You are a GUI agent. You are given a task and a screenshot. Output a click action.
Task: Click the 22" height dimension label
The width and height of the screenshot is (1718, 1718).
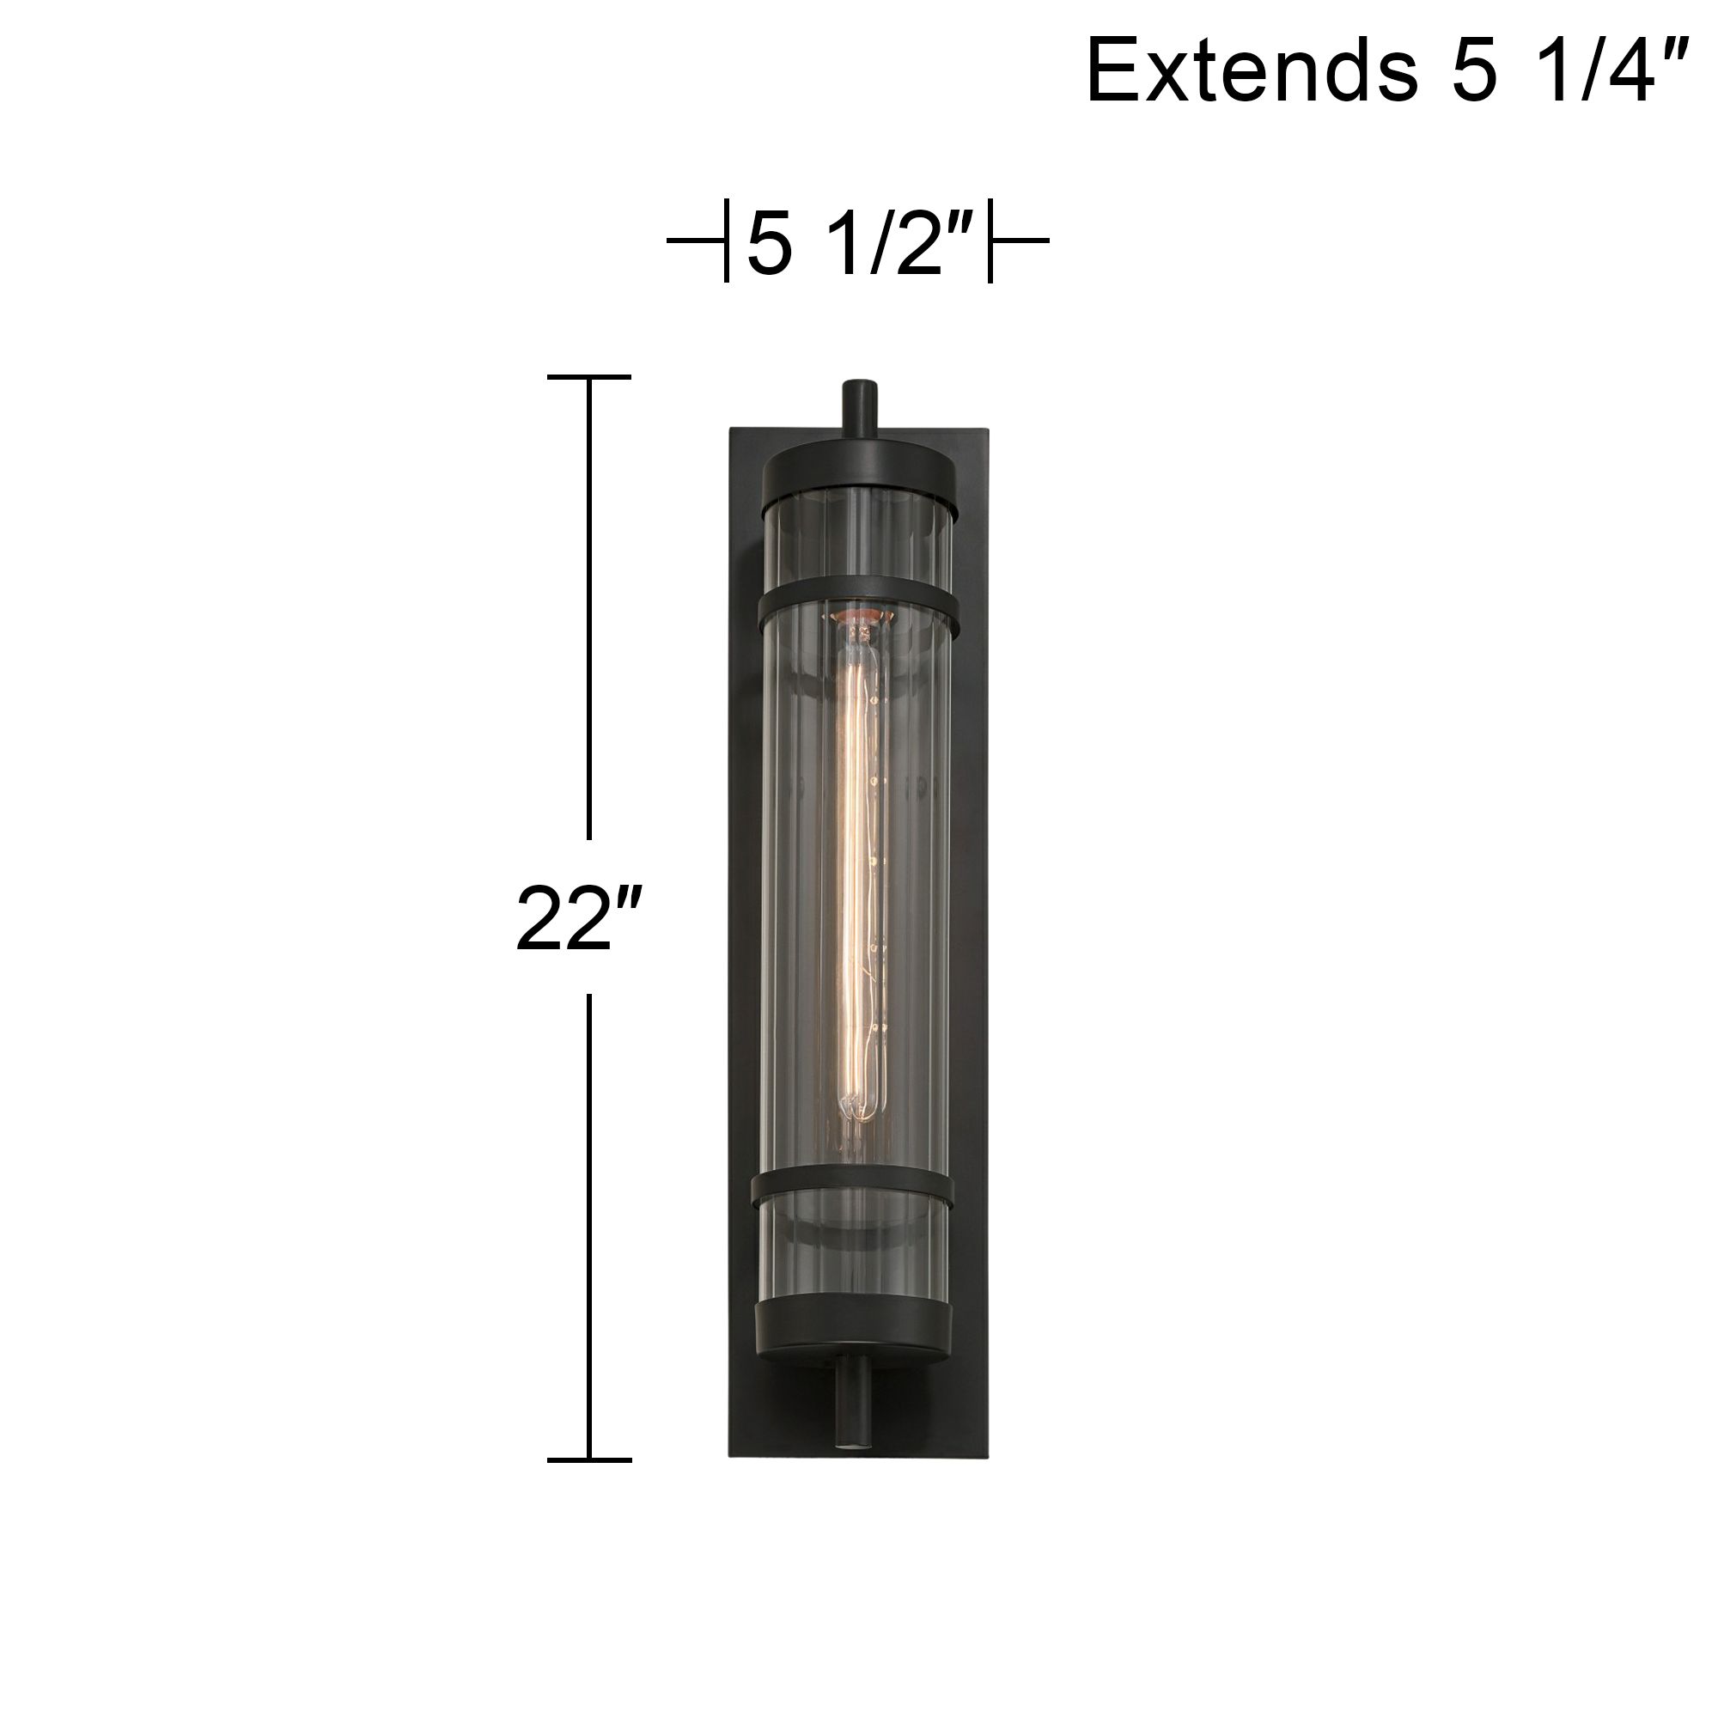pyautogui.click(x=579, y=918)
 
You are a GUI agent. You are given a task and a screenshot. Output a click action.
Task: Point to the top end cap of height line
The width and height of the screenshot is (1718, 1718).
pyautogui.click(x=588, y=377)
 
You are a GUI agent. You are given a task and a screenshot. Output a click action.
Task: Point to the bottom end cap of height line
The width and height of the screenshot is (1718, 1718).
pyautogui.click(x=588, y=1460)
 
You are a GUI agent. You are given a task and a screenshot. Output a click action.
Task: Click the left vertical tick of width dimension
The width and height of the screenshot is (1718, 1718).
pyautogui.click(x=727, y=241)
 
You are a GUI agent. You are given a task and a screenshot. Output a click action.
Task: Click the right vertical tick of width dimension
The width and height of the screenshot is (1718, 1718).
pyautogui.click(x=990, y=241)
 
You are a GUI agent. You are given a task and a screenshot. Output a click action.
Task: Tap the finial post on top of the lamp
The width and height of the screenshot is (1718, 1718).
pyautogui.click(x=860, y=408)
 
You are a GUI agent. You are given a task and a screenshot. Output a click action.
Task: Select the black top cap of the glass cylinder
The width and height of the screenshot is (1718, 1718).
pyautogui.click(x=860, y=474)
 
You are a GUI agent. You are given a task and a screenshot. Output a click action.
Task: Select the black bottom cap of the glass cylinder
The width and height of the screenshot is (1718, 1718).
pyautogui.click(x=854, y=1338)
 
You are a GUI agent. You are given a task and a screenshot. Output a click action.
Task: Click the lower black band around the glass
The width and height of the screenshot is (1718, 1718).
pyautogui.click(x=853, y=1190)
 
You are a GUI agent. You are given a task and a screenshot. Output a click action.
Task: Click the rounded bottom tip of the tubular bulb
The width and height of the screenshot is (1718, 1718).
pyautogui.click(x=856, y=1113)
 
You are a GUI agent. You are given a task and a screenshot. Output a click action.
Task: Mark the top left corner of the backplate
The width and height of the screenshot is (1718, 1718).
pyautogui.click(x=732, y=430)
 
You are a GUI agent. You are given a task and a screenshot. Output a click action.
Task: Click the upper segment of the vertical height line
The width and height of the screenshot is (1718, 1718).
pyautogui.click(x=588, y=605)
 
